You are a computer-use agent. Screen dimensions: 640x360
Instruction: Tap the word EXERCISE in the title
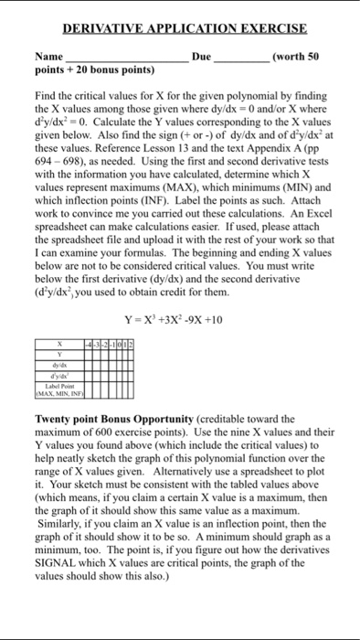click(x=269, y=29)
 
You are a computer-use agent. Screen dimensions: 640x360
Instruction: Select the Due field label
click(x=201, y=57)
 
